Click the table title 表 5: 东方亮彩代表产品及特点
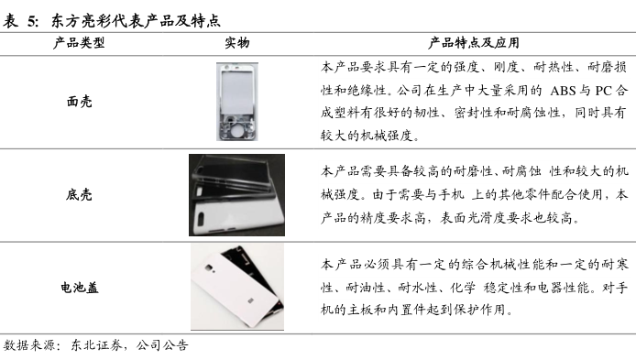[112, 21]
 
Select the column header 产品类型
[79, 43]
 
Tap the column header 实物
[236, 43]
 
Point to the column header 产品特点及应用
[474, 43]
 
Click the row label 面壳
[80, 102]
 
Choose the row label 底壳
[79, 194]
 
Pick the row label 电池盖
[80, 288]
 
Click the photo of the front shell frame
[237, 102]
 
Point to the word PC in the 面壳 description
[604, 91]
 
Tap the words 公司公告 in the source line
[162, 345]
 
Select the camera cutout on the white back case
[201, 220]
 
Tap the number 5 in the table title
[32, 21]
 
